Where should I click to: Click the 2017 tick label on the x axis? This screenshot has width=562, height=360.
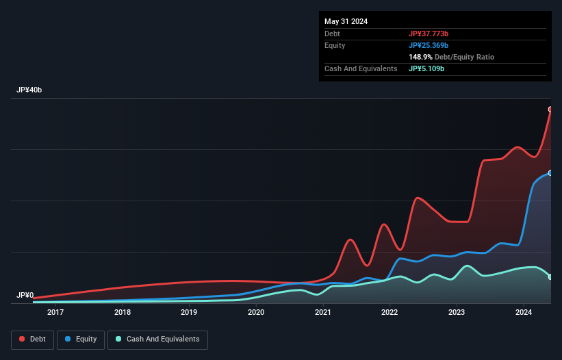click(55, 313)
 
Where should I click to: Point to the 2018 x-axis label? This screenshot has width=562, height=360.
click(123, 313)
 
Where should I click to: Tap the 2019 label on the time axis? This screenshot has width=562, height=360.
click(189, 313)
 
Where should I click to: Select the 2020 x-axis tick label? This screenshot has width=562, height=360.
click(256, 313)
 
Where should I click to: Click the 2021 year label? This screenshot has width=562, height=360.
click(322, 313)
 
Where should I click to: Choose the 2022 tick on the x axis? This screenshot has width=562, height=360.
click(389, 313)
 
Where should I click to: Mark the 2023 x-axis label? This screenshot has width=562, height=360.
click(457, 313)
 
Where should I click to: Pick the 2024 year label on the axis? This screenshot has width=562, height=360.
click(523, 313)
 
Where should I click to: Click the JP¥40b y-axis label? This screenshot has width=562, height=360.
click(29, 90)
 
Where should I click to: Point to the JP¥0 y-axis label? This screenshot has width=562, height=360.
click(25, 296)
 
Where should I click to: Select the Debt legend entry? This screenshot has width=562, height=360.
click(33, 339)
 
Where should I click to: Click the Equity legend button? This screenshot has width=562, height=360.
click(81, 339)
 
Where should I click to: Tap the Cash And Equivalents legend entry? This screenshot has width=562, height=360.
click(157, 339)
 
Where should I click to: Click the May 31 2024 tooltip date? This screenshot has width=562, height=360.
click(346, 21)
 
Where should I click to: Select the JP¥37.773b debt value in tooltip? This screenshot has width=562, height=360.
click(429, 34)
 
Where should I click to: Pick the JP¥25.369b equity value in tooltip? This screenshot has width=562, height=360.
click(429, 45)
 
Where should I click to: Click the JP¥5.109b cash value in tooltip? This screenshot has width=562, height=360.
click(426, 68)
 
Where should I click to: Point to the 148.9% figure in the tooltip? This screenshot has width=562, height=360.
click(420, 57)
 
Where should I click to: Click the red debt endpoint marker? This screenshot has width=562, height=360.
click(550, 110)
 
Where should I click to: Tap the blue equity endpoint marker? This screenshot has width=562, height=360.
click(550, 173)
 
